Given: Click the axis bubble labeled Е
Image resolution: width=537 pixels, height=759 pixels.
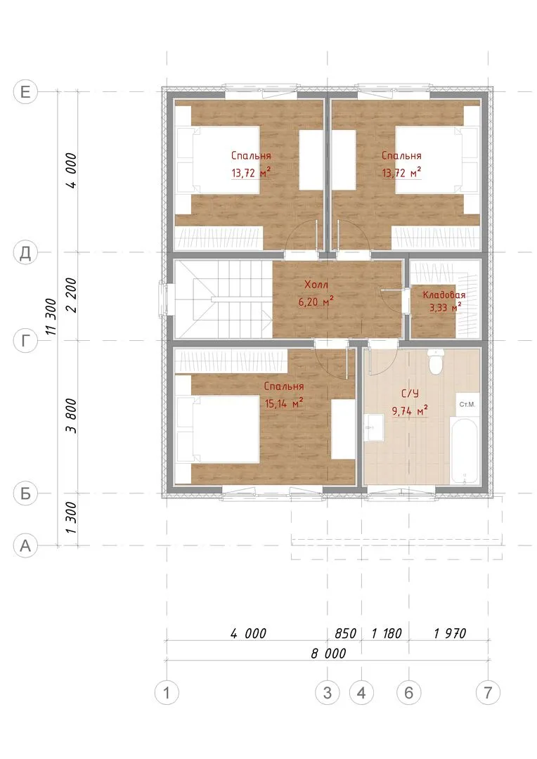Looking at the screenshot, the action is tap(25, 91).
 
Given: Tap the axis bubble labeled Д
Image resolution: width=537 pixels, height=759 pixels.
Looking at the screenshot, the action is tap(25, 252).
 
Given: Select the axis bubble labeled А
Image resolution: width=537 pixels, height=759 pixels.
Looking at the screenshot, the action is tap(25, 545).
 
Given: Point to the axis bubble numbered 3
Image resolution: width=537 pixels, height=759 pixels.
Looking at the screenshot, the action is tap(328, 693).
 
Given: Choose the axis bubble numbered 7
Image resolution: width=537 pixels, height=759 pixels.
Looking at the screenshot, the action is tap(488, 693).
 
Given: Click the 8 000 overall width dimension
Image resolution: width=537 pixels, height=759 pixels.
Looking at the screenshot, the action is tap(328, 654).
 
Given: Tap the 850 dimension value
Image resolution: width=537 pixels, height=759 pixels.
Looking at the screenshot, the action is tap(345, 633).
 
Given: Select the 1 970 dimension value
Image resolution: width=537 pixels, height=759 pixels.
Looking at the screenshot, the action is tap(450, 633).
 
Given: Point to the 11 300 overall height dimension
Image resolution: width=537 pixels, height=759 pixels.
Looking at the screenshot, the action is tap(51, 316).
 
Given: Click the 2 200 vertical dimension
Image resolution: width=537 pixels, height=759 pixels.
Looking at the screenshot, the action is tap(71, 295).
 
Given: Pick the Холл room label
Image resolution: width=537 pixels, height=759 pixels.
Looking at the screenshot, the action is tap(316, 284).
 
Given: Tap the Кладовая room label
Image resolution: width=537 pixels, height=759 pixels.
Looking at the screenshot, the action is tap(444, 294).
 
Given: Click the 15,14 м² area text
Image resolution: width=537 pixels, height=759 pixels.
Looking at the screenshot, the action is tap(284, 403).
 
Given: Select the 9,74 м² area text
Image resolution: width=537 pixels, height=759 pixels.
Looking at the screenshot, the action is tap(410, 411).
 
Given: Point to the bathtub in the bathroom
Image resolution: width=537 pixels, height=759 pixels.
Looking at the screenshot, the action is tap(465, 450).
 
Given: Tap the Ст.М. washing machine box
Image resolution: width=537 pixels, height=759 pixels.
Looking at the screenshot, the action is tap(467, 404).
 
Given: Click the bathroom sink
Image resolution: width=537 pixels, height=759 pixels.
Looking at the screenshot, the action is tap(374, 427).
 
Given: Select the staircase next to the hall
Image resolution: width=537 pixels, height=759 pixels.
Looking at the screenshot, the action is tap(224, 299).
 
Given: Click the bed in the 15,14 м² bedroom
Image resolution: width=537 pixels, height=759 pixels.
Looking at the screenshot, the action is tap(218, 429).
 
